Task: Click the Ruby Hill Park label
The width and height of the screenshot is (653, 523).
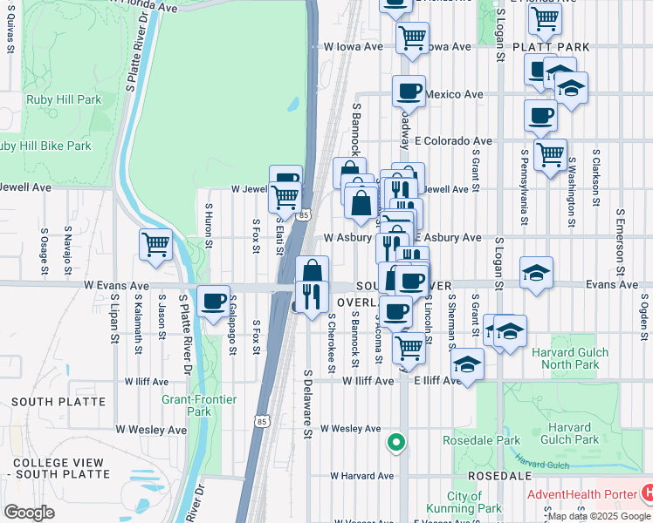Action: [64, 100]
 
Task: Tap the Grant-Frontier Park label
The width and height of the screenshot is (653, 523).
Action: [187, 405]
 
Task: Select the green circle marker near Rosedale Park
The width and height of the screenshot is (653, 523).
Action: [396, 443]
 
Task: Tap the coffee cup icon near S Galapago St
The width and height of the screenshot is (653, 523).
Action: [213, 302]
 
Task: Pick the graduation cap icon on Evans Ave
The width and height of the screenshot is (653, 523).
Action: [536, 273]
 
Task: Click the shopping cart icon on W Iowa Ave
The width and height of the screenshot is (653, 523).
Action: [412, 37]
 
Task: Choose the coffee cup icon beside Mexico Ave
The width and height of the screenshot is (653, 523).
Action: [408, 91]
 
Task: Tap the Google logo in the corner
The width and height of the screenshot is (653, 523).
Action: [29, 512]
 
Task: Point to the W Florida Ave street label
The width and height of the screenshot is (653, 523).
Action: [145, 6]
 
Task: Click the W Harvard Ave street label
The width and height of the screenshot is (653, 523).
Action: [361, 476]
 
